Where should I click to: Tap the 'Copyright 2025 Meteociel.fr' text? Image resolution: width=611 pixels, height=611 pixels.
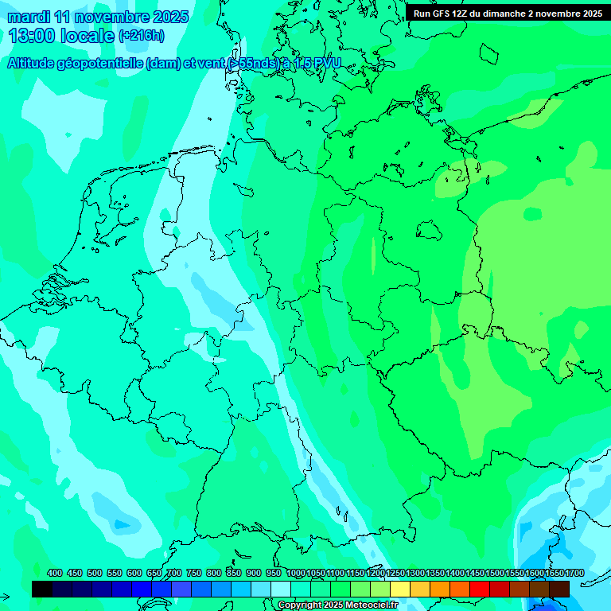[x=337, y=605]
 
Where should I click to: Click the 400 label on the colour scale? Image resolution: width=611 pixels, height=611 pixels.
[x=55, y=573]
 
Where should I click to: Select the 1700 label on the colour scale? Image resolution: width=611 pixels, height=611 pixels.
[x=574, y=573]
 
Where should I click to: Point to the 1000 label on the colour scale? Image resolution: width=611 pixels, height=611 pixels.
[x=295, y=573]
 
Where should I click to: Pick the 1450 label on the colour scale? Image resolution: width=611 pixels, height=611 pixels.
[x=475, y=573]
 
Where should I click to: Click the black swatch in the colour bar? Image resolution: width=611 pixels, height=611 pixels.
[x=42, y=589]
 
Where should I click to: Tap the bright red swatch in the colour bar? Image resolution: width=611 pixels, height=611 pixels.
[x=480, y=589]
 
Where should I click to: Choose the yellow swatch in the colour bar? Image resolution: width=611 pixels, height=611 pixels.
[x=400, y=589]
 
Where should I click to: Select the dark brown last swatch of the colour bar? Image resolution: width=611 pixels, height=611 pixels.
[x=559, y=589]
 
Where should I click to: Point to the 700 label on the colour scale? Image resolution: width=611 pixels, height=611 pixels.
[x=174, y=573]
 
